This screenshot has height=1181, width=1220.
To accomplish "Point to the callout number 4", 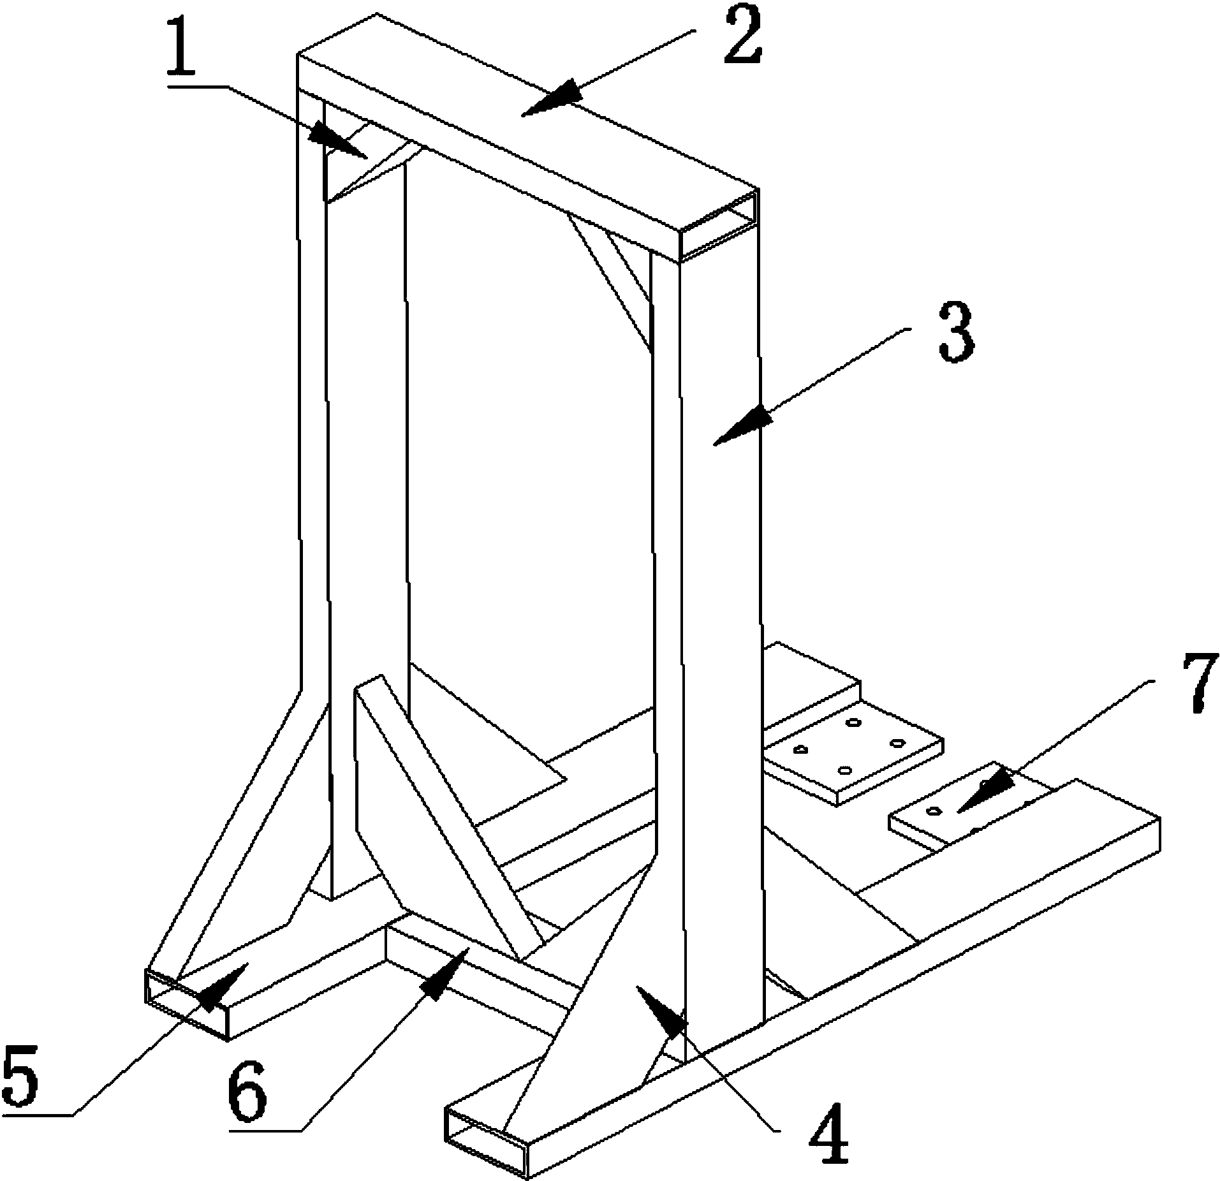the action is pyautogui.click(x=829, y=1138).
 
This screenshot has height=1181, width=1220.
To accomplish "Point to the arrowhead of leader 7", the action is pyautogui.click(x=985, y=791).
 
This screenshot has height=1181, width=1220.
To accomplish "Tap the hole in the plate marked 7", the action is pyautogui.click(x=934, y=811).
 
